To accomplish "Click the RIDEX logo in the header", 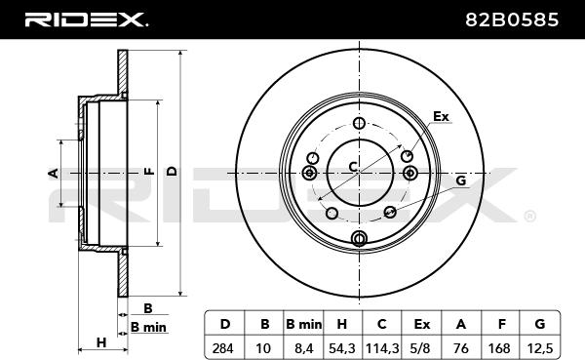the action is point(86,20).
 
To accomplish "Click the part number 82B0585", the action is point(512,20).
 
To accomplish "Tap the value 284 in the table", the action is point(222,349).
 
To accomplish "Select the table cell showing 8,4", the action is point(303,349).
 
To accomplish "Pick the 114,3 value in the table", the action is point(382,349).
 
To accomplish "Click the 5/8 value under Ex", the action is point(420,349).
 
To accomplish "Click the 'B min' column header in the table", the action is point(303,324).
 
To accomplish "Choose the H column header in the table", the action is point(342,324).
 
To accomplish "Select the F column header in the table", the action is point(502,324).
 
